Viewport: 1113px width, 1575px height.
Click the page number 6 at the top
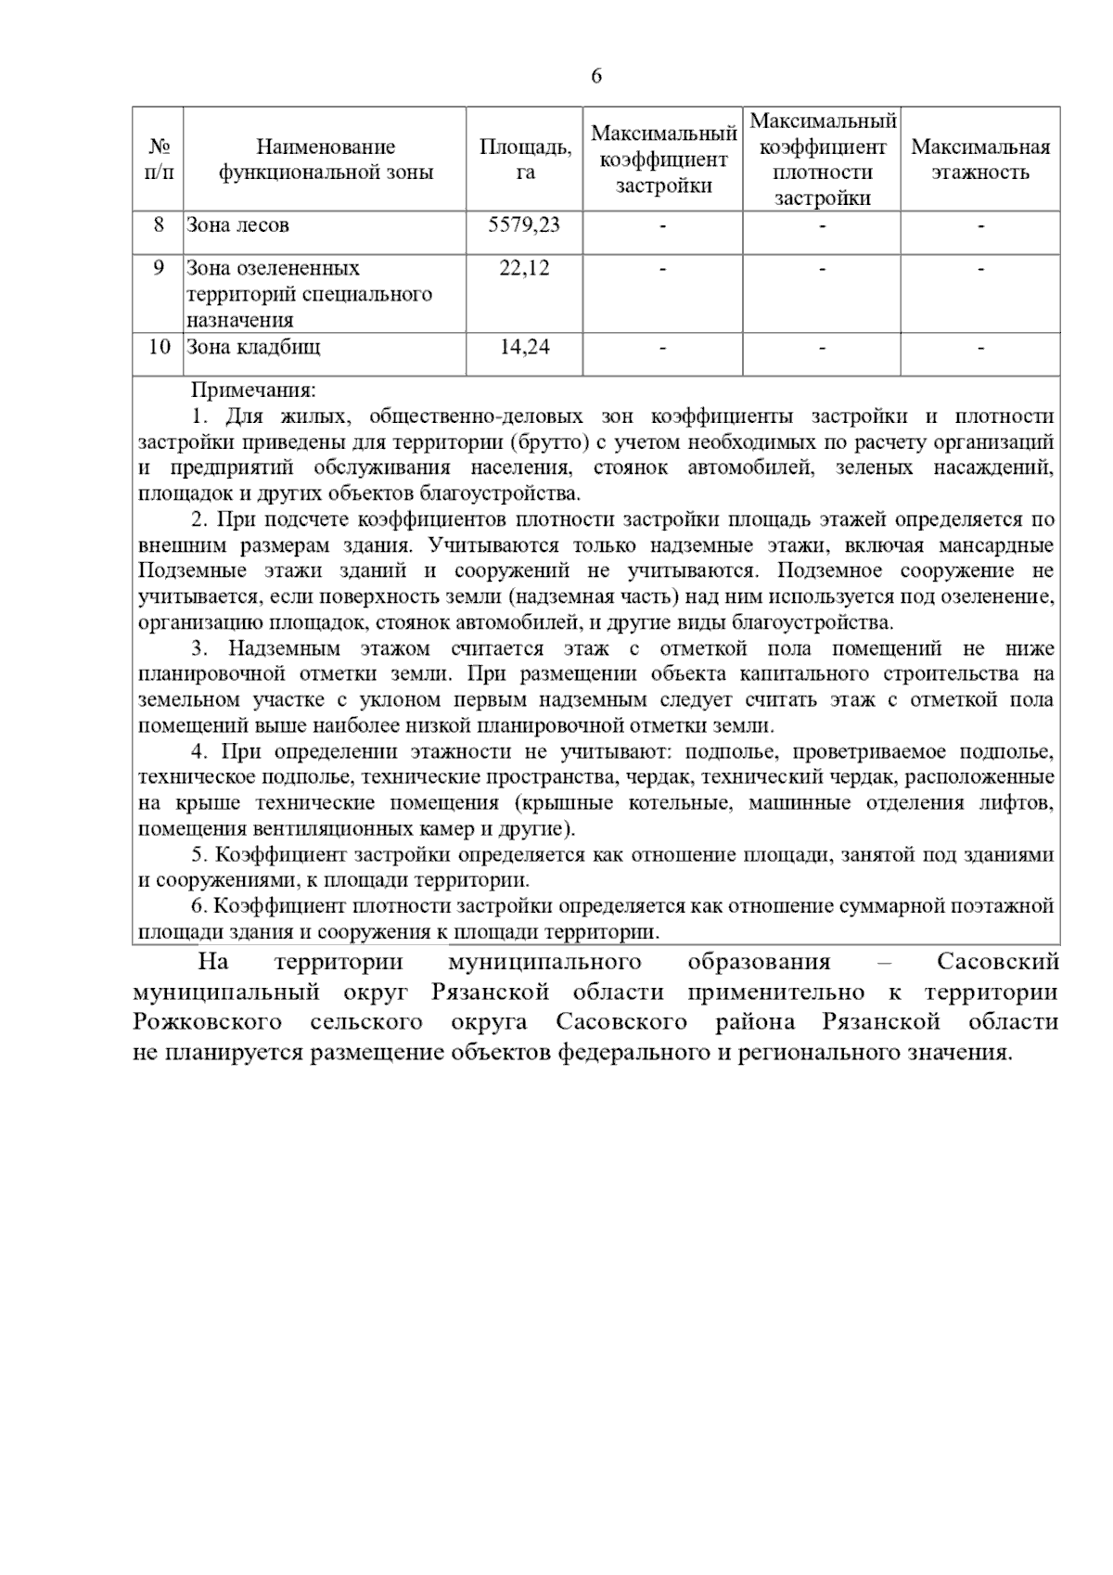coord(595,76)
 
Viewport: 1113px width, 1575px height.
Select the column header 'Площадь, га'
coord(525,160)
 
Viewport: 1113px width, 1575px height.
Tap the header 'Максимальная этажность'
coord(979,160)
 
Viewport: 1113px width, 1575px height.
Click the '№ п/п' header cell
coord(159,160)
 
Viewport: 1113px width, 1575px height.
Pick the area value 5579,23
coord(524,224)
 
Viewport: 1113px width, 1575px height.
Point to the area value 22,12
coord(524,268)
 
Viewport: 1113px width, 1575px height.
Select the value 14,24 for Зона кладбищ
coord(524,347)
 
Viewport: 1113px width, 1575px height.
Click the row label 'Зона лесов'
coord(238,224)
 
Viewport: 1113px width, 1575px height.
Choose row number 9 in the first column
coord(159,268)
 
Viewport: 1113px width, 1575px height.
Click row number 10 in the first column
coord(159,347)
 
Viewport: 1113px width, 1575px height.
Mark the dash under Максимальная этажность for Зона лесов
coord(980,225)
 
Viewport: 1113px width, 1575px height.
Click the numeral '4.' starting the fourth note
coord(198,751)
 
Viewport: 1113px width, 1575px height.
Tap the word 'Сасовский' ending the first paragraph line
coord(997,961)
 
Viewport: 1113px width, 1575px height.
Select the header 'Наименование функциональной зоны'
coord(326,160)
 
